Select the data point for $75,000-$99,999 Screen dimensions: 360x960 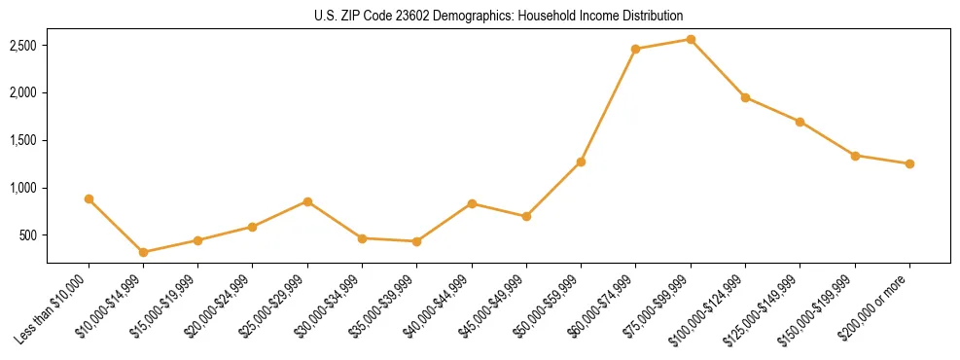[691, 39]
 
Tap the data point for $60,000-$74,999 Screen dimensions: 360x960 [636, 49]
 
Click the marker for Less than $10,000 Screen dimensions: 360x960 [89, 198]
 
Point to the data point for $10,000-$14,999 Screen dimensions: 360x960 [144, 252]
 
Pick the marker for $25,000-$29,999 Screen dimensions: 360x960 [307, 201]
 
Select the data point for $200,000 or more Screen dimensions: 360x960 [909, 163]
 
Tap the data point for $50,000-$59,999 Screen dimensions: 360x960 [581, 162]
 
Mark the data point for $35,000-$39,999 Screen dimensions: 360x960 [417, 241]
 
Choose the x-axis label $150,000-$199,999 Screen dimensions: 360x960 [826, 307]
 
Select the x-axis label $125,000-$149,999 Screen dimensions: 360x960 [771, 307]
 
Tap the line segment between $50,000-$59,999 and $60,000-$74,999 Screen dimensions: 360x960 [609, 105]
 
